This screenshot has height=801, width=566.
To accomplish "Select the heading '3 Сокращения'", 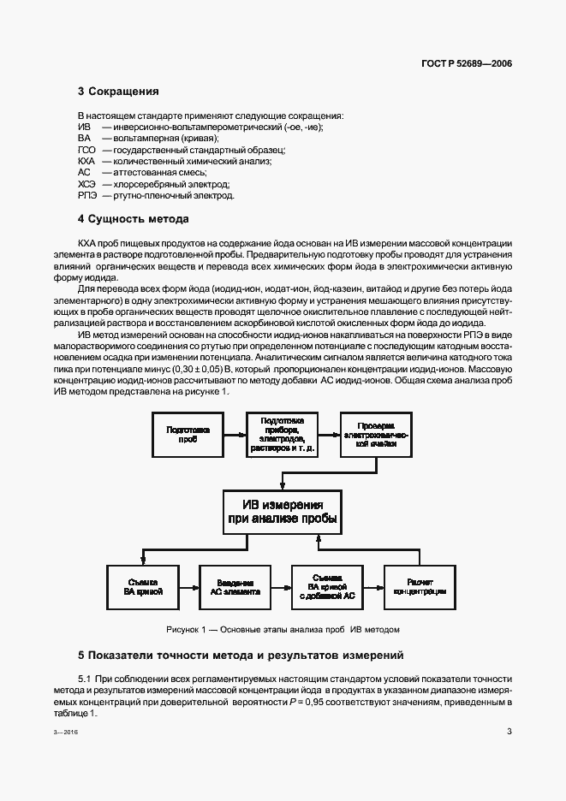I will pyautogui.click(x=118, y=91).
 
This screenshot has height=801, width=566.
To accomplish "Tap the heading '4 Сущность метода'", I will pyautogui.click(x=133, y=218).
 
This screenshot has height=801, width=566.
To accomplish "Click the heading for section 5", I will pyautogui.click(x=241, y=656).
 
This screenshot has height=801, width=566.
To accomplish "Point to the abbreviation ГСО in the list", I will pyautogui.click(x=86, y=149).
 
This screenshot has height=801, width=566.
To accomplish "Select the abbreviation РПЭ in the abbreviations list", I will pyautogui.click(x=87, y=195).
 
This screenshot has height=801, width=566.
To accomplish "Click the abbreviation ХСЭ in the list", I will pyautogui.click(x=87, y=183).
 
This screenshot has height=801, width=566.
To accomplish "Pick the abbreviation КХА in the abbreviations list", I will pyautogui.click(x=86, y=160).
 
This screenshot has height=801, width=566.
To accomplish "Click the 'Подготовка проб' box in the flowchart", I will pyautogui.click(x=188, y=432).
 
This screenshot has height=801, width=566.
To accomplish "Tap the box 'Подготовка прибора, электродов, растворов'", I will pyautogui.click(x=282, y=433).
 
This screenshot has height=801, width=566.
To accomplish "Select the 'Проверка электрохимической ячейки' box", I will pyautogui.click(x=376, y=432).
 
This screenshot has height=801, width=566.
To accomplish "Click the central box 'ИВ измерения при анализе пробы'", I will pyautogui.click(x=282, y=512).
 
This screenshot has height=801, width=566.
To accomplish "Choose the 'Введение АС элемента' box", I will pyautogui.click(x=235, y=586).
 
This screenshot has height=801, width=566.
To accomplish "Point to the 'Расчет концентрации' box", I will pyautogui.click(x=420, y=586).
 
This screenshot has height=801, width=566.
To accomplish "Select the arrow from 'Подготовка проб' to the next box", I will pyautogui.click(x=234, y=432).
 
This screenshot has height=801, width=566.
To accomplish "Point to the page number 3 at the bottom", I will pyautogui.click(x=509, y=732).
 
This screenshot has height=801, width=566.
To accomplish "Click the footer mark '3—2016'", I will pyautogui.click(x=90, y=733).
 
